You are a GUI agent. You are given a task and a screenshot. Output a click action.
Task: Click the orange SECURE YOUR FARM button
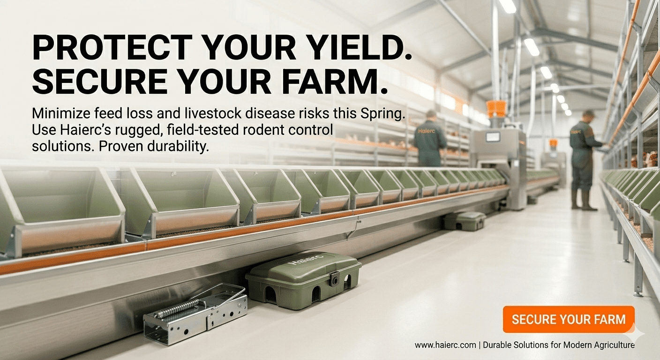(568, 319)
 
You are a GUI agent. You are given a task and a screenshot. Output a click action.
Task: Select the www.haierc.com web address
(444, 345)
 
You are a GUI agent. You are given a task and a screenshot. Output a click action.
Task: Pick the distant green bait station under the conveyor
(465, 221)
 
